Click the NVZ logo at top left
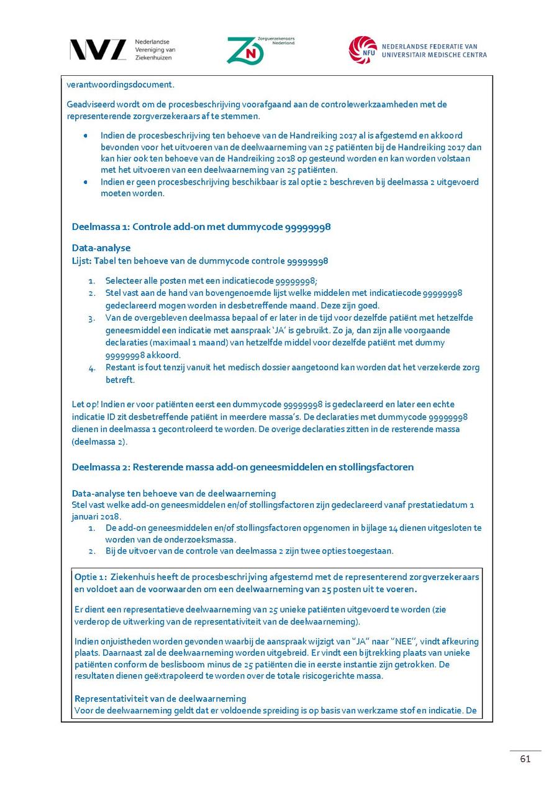98,50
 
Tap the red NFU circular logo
363,50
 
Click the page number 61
525,759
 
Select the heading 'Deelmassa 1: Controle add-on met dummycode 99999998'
201,227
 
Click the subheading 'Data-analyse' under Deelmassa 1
101,248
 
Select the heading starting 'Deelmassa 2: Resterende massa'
242,467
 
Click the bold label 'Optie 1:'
91,577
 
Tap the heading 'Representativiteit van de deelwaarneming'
160,698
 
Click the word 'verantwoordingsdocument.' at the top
120,85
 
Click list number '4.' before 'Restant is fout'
92,368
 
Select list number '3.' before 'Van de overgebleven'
92,318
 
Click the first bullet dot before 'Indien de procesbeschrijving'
86,135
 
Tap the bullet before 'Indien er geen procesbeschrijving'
86,182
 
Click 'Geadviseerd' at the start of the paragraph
89,104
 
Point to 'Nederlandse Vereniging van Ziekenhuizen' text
155,50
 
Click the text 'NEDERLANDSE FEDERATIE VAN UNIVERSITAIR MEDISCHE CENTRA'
434,50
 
